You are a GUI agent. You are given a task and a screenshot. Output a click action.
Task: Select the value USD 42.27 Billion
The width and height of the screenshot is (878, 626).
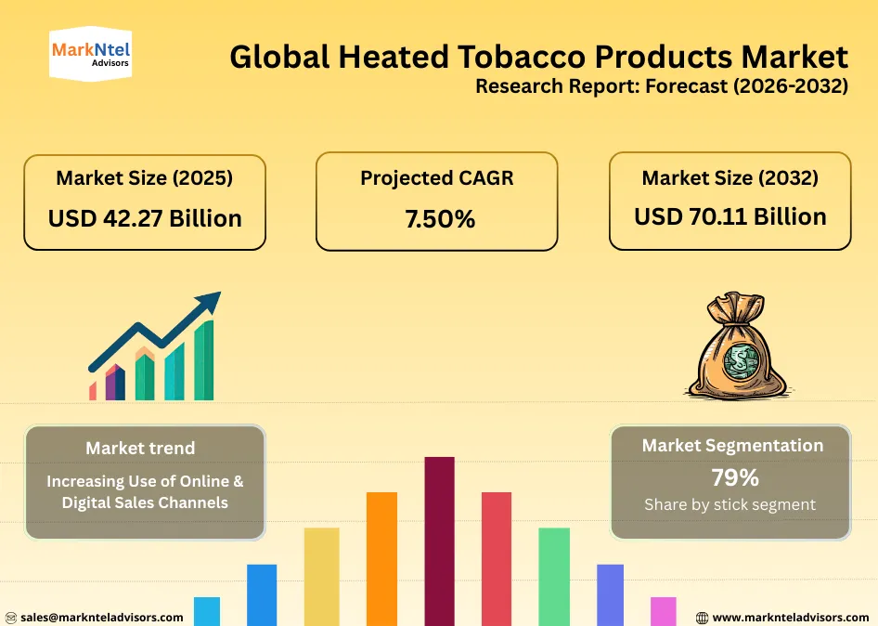click(145, 218)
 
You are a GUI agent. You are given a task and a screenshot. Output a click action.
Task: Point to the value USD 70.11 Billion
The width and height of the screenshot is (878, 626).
click(730, 216)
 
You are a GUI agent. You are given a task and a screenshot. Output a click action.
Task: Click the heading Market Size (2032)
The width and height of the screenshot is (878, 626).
click(730, 176)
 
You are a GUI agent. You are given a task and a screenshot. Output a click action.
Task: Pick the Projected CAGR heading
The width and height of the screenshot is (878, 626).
click(437, 177)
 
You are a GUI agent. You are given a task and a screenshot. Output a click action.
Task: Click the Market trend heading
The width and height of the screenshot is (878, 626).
click(140, 448)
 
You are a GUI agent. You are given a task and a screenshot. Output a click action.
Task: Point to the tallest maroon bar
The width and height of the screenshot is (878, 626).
click(439, 539)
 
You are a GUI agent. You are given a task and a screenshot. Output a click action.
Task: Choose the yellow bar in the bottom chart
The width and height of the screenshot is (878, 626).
click(322, 575)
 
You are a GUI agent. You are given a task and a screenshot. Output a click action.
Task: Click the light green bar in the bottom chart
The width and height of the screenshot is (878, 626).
click(554, 575)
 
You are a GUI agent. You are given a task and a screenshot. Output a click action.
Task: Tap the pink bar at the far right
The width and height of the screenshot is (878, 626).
click(663, 610)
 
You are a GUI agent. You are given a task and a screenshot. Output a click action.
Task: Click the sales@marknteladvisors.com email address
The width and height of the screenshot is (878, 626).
click(102, 617)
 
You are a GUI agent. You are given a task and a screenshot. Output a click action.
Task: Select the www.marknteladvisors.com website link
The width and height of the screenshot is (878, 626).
click(791, 617)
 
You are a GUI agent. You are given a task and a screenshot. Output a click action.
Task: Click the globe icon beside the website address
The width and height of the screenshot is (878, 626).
click(702, 618)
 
